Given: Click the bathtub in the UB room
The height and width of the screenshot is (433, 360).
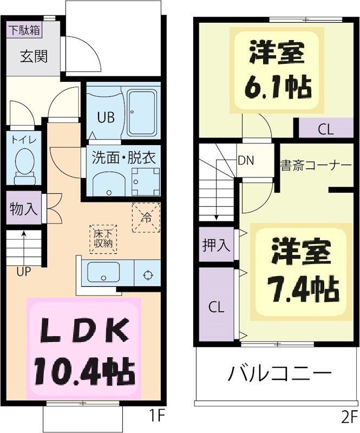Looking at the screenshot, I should (x=142, y=113).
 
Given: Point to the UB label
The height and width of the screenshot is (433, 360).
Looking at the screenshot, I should (x=106, y=117).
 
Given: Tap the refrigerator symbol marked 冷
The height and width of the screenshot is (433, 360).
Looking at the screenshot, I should (x=146, y=217).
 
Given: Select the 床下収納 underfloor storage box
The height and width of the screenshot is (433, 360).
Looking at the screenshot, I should (x=102, y=238).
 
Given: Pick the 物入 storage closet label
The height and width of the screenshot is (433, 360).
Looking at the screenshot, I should (x=24, y=209).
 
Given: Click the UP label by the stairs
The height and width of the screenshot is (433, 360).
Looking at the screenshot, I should (x=23, y=272).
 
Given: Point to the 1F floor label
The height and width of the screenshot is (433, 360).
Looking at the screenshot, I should (x=156, y=416).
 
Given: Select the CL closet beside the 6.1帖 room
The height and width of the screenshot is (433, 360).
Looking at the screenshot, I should (x=325, y=129).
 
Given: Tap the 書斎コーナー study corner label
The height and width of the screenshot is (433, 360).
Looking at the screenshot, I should (x=316, y=165).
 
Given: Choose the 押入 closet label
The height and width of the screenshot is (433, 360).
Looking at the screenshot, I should (x=216, y=245).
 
